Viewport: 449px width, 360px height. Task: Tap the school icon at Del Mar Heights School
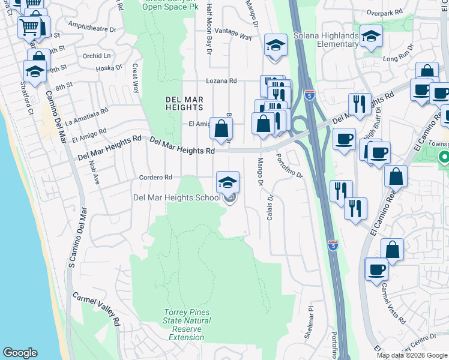(x=228, y=182)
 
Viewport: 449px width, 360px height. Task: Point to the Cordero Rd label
(x=155, y=178)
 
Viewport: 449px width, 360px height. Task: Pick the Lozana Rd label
(x=221, y=80)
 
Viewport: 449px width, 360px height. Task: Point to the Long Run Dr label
(x=399, y=53)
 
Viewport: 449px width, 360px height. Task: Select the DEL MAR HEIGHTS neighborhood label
(x=184, y=103)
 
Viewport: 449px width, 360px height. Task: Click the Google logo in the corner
(x=20, y=353)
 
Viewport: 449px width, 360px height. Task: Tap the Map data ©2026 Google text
(x=411, y=355)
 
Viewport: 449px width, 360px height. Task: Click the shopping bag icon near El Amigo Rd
(x=221, y=128)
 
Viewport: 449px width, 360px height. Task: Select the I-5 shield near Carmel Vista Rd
(x=333, y=245)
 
